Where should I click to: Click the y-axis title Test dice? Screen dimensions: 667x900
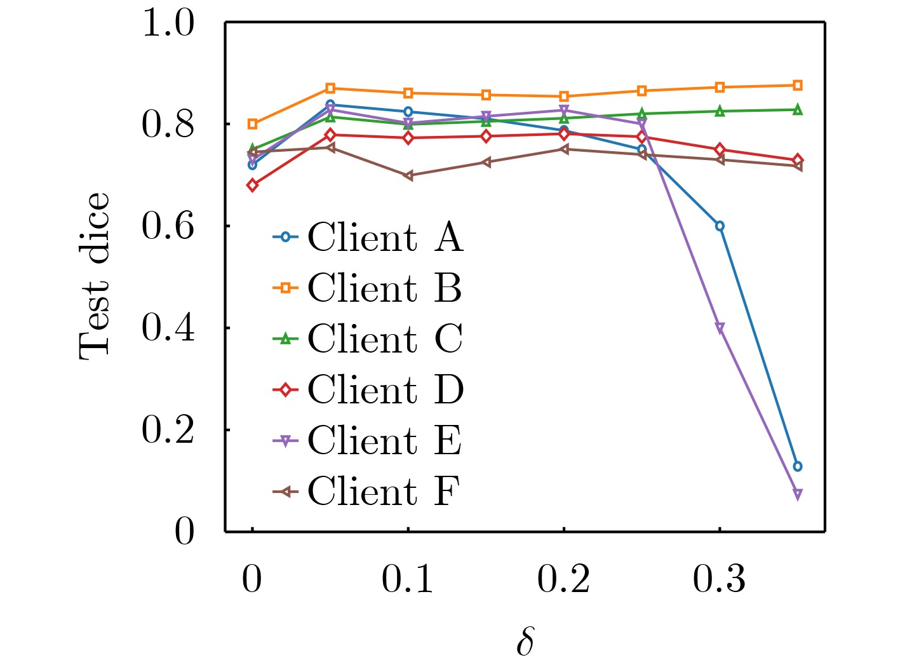(x=94, y=276)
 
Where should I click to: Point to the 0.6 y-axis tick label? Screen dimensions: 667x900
(x=168, y=226)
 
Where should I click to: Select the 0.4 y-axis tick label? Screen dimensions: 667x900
(x=168, y=328)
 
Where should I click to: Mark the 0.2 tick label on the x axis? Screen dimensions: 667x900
(x=563, y=579)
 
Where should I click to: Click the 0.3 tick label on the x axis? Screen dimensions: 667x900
(x=719, y=579)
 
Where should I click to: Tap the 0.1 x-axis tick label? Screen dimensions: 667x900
(x=407, y=579)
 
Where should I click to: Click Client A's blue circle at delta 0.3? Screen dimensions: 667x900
(x=720, y=226)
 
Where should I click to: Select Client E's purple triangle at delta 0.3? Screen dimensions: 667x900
(x=720, y=328)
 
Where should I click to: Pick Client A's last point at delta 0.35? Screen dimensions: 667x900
(x=798, y=466)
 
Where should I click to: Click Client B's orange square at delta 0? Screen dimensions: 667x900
(x=253, y=124)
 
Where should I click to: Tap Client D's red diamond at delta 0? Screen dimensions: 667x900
(x=253, y=185)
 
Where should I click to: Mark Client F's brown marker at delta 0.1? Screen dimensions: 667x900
(x=408, y=175)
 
